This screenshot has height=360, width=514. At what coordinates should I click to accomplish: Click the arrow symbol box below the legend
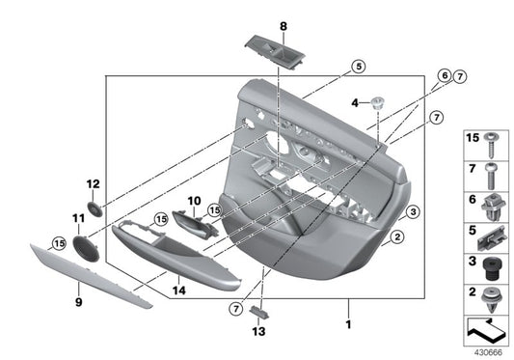point(488,331)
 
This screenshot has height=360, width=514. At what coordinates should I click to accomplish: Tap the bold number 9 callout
point(79,301)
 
